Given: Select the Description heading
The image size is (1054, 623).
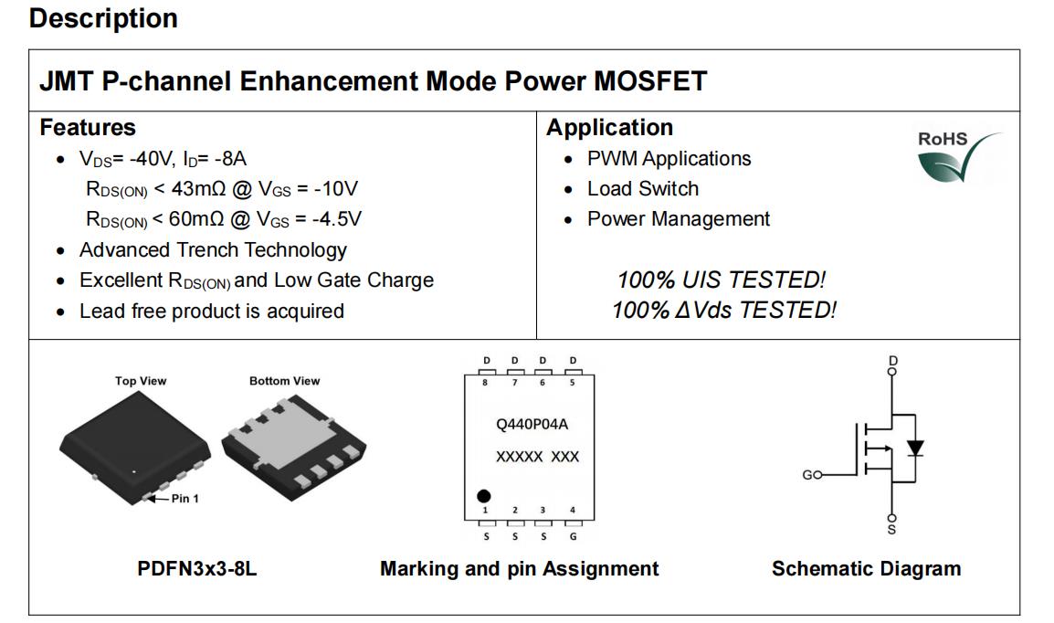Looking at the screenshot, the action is click(103, 18).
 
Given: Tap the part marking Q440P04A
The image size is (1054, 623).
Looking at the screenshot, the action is click(532, 424).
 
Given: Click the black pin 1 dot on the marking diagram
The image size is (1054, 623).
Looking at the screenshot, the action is click(483, 496).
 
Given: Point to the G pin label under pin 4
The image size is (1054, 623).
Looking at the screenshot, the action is click(573, 536).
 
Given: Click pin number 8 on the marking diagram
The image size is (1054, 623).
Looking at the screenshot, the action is click(485, 383).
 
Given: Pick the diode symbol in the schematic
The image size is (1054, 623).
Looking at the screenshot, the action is click(915, 449).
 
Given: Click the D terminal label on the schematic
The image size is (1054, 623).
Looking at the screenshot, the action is click(892, 360).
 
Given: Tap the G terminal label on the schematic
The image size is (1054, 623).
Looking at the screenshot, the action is click(808, 475).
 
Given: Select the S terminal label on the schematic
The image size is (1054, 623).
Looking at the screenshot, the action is click(892, 530).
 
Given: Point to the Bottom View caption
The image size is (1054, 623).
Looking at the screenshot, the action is click(284, 381).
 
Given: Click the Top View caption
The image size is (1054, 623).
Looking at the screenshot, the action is click(141, 381).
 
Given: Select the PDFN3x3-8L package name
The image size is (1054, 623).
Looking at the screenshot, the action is click(197, 568).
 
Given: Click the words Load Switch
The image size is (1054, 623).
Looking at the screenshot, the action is click(643, 189).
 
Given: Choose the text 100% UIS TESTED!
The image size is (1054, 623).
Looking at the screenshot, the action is click(721, 280).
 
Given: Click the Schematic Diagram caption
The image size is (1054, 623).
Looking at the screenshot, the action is click(866, 568).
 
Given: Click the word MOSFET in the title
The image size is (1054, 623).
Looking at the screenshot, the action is click(650, 81).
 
